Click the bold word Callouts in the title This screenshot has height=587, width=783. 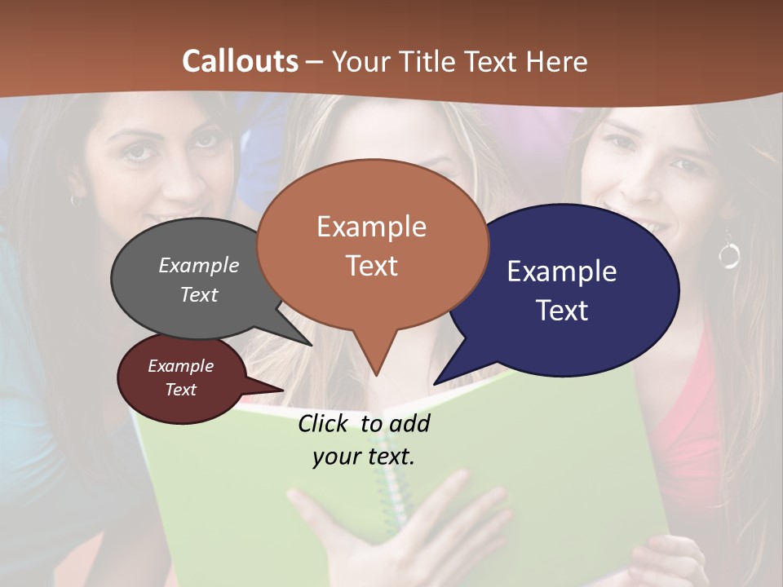(240, 61)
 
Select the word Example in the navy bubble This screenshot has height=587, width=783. (561, 271)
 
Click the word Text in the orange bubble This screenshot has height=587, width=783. (372, 266)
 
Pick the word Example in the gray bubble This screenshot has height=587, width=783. (198, 265)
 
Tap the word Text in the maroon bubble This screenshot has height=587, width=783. (181, 390)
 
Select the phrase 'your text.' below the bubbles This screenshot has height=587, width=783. (364, 457)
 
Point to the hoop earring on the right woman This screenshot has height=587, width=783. (728, 255)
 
